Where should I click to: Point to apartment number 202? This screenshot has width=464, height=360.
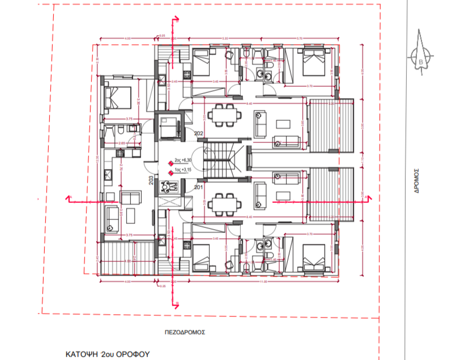tap(199, 134)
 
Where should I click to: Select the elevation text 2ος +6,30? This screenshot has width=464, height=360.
tap(184, 161)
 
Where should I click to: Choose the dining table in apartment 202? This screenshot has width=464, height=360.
tap(222, 117)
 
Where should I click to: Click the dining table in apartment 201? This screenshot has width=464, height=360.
tap(222, 203)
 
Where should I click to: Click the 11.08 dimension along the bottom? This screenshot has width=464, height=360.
tap(263, 281)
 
